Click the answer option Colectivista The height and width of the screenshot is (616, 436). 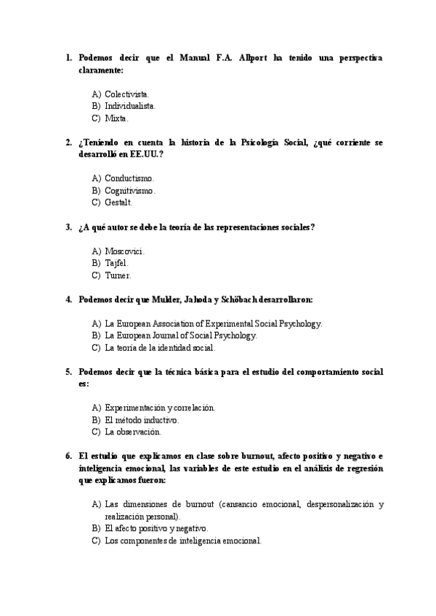[x=127, y=94]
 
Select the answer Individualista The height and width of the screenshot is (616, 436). [x=130, y=106]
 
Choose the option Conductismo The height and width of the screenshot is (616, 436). [x=129, y=178]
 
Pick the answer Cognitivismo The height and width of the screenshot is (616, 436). [x=130, y=190]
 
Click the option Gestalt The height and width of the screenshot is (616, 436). [x=118, y=202]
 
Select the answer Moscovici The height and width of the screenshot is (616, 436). [x=125, y=251]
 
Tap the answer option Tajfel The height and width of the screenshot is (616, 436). [x=116, y=263]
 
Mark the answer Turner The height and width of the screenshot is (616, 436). [x=118, y=275]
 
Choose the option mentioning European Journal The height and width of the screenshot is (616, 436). [x=181, y=336]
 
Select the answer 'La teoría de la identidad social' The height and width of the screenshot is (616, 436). [x=160, y=348]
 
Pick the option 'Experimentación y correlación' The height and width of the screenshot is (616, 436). [x=160, y=408]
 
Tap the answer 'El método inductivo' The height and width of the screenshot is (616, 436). [x=142, y=420]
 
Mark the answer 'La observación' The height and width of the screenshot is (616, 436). [x=133, y=431]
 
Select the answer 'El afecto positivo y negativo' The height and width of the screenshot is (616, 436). [x=156, y=528]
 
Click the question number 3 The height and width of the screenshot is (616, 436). [x=68, y=227]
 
